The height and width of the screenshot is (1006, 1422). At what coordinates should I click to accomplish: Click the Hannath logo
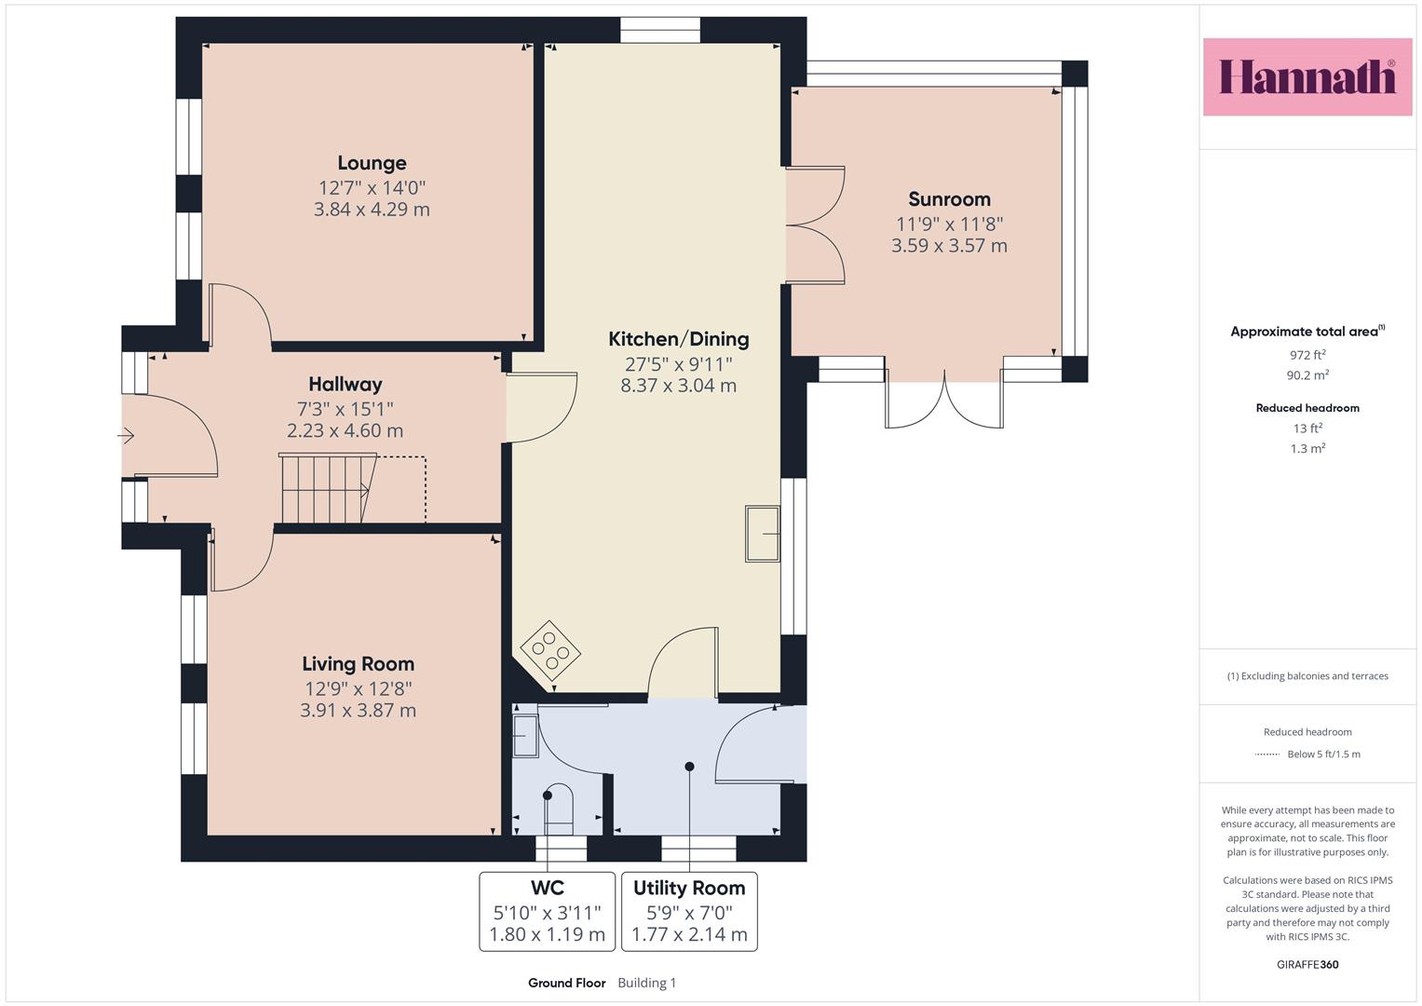tap(1307, 76)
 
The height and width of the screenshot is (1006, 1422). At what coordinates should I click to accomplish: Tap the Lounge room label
tap(372, 163)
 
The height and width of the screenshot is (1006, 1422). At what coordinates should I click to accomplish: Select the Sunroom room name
tap(949, 199)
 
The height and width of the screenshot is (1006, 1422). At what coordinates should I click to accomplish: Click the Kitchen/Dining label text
tap(679, 339)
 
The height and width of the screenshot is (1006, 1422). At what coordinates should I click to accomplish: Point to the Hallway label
tap(345, 384)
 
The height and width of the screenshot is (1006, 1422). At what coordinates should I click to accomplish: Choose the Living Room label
tap(358, 664)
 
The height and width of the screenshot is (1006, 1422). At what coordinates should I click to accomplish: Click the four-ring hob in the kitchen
tap(550, 651)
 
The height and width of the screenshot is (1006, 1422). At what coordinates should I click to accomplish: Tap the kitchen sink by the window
tap(763, 534)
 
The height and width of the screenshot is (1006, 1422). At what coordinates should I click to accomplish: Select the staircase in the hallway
tap(329, 488)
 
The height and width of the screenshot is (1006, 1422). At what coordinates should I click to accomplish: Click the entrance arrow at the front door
tap(126, 436)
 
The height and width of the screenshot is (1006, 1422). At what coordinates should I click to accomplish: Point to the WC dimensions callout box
tap(548, 911)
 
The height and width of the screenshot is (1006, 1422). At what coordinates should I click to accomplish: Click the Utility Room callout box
tap(689, 911)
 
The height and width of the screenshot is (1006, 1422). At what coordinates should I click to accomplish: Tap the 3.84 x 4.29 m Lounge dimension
tap(372, 210)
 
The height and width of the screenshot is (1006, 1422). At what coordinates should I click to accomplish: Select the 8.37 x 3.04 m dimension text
tap(679, 386)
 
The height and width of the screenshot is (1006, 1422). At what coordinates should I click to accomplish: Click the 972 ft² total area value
tap(1307, 355)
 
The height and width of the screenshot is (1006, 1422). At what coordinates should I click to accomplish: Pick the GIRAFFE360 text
tap(1307, 965)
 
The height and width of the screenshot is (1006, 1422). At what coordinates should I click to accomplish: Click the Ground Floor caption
tap(567, 983)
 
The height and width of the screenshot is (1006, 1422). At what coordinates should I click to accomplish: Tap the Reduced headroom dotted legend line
tap(1267, 754)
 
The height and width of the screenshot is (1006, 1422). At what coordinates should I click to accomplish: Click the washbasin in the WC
tap(525, 736)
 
